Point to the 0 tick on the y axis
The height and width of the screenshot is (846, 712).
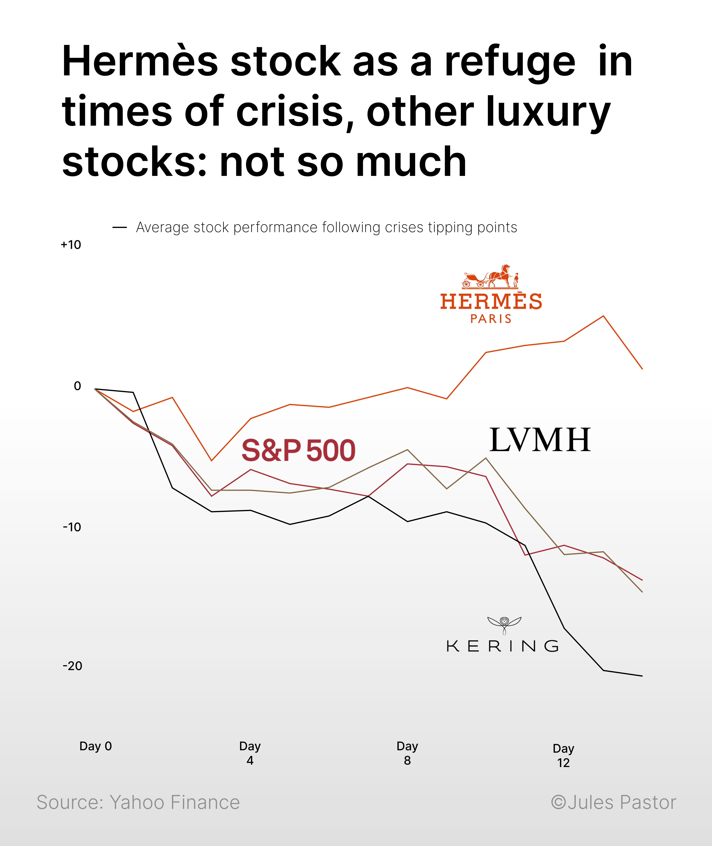(77, 386)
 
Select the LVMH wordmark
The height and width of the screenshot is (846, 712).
(540, 440)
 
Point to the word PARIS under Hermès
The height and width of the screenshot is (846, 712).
(491, 319)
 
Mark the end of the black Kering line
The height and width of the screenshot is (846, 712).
(642, 676)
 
